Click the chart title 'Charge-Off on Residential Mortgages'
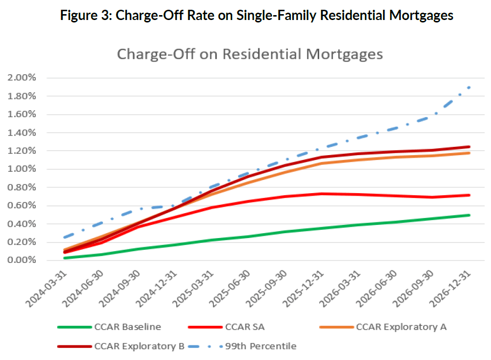point(249,54)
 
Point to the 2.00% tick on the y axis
point(21,78)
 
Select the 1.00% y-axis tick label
point(21,169)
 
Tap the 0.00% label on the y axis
point(21,260)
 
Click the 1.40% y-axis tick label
point(21,133)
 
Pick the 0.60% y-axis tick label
point(21,206)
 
